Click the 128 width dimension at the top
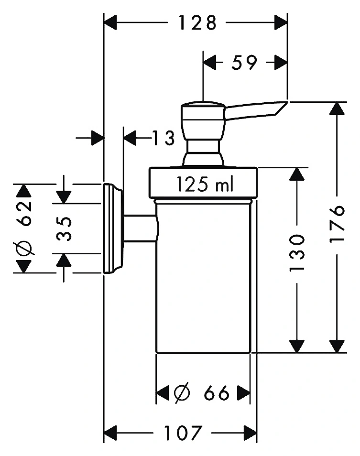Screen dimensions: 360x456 tap(197, 22)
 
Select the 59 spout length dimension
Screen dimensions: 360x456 tap(244, 62)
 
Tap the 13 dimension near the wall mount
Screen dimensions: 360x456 tap(164, 138)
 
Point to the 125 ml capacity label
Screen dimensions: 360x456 tap(205, 185)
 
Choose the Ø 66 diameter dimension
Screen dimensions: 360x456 tap(202, 393)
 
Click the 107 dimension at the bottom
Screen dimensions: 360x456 tap(183, 433)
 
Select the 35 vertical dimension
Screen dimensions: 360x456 tap(64, 228)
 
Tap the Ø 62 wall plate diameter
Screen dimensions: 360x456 tap(24, 228)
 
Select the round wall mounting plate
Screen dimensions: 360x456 tap(112, 228)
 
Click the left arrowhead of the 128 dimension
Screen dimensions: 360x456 tap(110, 22)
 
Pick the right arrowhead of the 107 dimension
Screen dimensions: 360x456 tap(251, 433)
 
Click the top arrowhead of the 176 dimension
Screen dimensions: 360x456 tap(338, 109)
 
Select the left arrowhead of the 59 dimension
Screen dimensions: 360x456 tap(210, 62)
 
